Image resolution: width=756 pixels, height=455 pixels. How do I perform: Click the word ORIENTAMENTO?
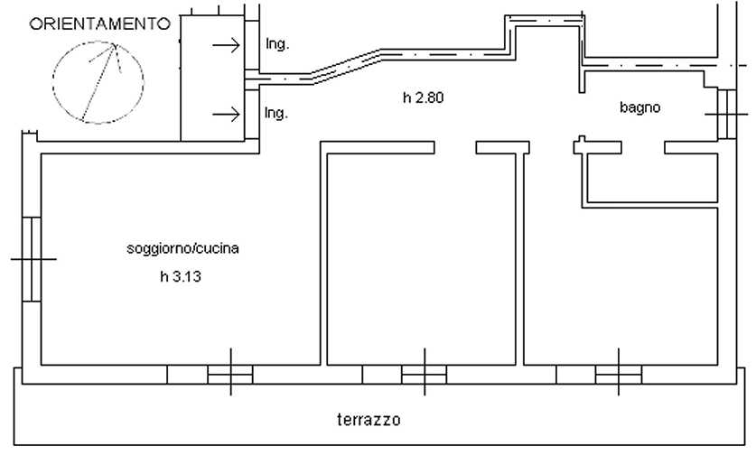click(99, 23)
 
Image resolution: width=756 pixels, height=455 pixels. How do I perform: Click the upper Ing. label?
click(277, 44)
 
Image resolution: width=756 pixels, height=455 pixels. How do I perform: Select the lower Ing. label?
click(276, 113)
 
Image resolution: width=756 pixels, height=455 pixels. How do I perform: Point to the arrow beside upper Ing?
click(226, 45)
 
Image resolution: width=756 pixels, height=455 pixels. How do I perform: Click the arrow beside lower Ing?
click(226, 115)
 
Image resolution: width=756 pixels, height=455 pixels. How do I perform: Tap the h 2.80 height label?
click(423, 97)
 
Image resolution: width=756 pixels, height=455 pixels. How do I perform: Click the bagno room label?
click(639, 107)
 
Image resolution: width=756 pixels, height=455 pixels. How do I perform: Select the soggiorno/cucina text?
click(182, 248)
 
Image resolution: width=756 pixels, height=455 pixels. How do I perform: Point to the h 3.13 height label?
click(181, 276)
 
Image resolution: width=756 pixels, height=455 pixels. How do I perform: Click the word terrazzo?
click(369, 420)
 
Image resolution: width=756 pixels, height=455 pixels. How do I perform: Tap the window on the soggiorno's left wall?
click(32, 259)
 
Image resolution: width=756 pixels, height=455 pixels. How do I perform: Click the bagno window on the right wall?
click(726, 115)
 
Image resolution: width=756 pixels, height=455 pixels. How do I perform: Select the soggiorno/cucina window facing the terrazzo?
click(230, 375)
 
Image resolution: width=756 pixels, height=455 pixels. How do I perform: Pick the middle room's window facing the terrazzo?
click(425, 375)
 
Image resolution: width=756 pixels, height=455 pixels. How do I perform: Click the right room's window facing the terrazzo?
click(619, 375)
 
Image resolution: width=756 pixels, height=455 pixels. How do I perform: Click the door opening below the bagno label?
click(643, 147)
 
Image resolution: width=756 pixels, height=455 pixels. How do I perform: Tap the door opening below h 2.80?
click(455, 147)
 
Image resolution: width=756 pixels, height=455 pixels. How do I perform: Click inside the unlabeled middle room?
click(422, 260)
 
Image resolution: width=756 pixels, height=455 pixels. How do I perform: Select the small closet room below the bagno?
click(652, 178)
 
